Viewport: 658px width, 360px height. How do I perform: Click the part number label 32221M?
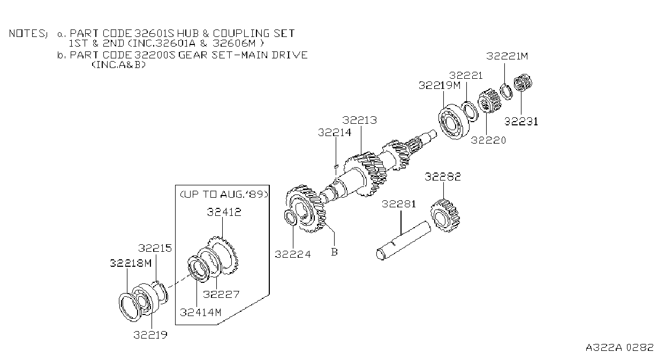coord(507,56)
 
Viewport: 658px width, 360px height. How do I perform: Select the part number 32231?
coord(521,122)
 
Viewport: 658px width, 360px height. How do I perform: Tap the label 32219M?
coord(440,86)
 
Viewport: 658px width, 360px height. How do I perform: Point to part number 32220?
coord(488,140)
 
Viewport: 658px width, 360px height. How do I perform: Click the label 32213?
coord(360,120)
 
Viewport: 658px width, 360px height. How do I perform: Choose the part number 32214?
coord(335,133)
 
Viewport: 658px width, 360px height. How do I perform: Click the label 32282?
coord(443,177)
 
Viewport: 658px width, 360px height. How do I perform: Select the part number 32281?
coord(399,204)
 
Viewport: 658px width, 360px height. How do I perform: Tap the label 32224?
coord(292,254)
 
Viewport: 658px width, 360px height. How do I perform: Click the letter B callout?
coord(334,252)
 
